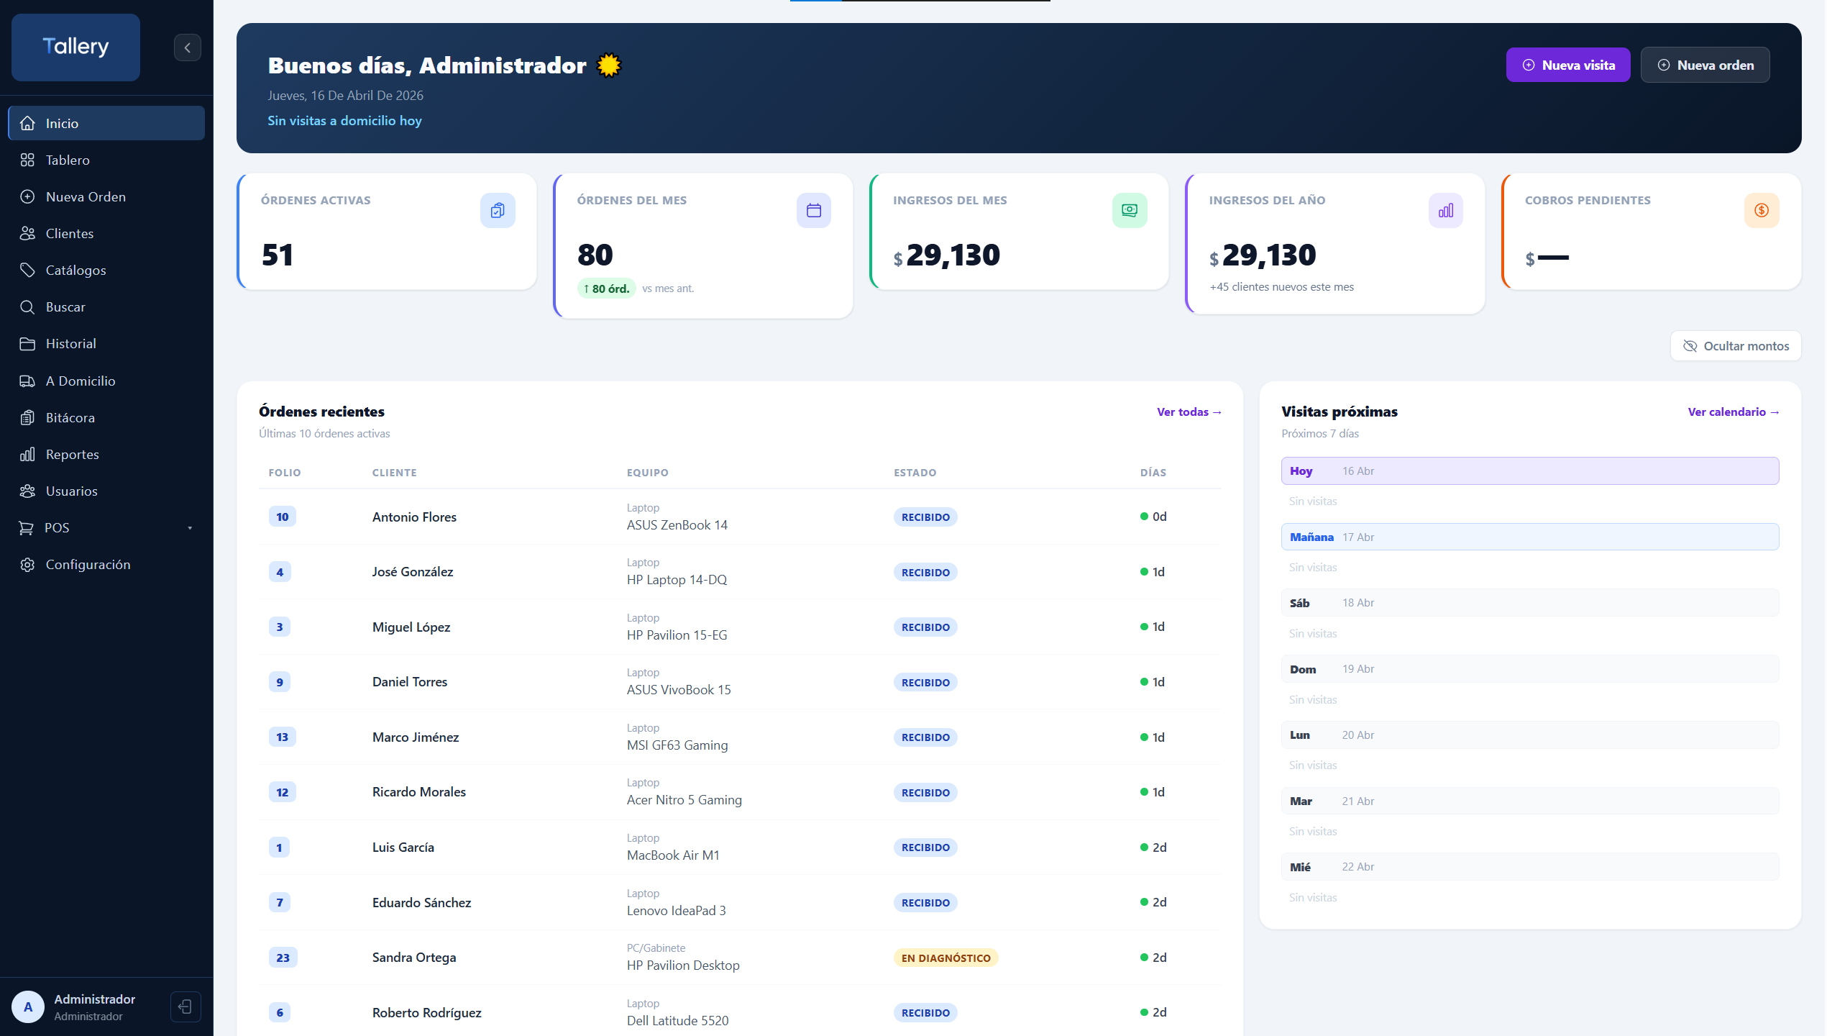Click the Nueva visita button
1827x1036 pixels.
(x=1567, y=65)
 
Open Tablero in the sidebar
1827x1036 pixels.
(x=68, y=160)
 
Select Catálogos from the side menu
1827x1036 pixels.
(x=75, y=270)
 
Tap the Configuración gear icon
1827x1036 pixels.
(x=27, y=565)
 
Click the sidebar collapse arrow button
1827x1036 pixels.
(x=187, y=47)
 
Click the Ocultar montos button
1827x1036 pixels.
(x=1736, y=346)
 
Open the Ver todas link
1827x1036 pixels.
(x=1189, y=412)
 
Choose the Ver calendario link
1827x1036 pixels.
(x=1733, y=412)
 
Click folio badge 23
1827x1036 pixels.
(x=283, y=958)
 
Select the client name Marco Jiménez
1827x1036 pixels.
(x=416, y=737)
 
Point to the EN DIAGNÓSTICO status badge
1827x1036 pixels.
(x=945, y=958)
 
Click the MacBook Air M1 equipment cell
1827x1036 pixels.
(x=673, y=855)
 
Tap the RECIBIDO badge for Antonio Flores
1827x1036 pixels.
(x=925, y=517)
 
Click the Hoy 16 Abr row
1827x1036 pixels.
(x=1529, y=471)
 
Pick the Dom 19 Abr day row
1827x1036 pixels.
(x=1529, y=669)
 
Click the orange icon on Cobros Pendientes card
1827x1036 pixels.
(x=1761, y=210)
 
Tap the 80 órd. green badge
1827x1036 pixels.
(x=606, y=288)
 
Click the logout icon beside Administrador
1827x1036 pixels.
(x=185, y=1007)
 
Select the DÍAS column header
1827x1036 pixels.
(x=1153, y=473)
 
